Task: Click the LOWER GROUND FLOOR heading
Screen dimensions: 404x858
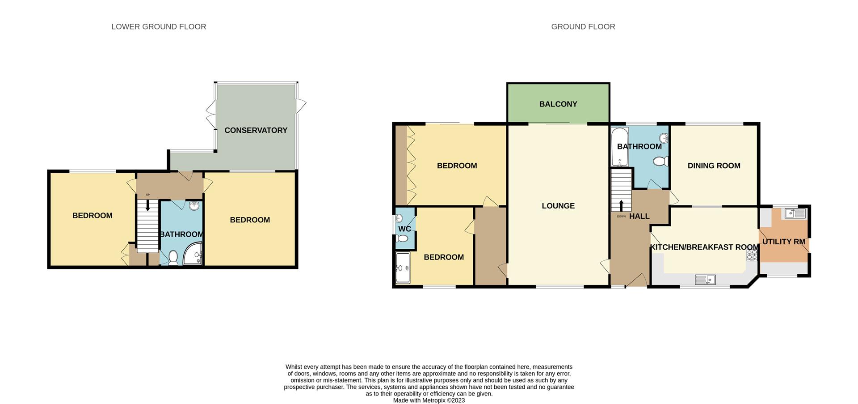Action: point(159,27)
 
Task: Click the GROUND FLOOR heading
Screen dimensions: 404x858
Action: point(583,27)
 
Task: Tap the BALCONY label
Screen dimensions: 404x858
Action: point(558,104)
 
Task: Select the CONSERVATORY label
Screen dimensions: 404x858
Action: point(256,130)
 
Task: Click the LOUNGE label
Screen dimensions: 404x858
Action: point(558,206)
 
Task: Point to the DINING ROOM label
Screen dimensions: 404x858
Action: point(714,166)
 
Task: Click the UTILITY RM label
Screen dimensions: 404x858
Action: point(783,242)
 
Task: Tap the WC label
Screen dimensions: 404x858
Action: point(404,229)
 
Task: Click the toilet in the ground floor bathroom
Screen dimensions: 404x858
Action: point(660,161)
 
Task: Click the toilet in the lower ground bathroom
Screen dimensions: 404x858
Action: point(173,258)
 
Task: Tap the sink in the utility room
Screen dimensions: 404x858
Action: point(793,213)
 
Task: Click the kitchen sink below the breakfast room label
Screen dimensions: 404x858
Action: point(705,280)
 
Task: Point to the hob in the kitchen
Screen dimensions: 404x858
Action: point(752,255)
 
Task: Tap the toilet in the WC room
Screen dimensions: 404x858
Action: point(402,239)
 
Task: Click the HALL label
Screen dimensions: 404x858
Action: point(639,216)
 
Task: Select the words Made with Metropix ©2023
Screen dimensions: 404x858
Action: point(429,400)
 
